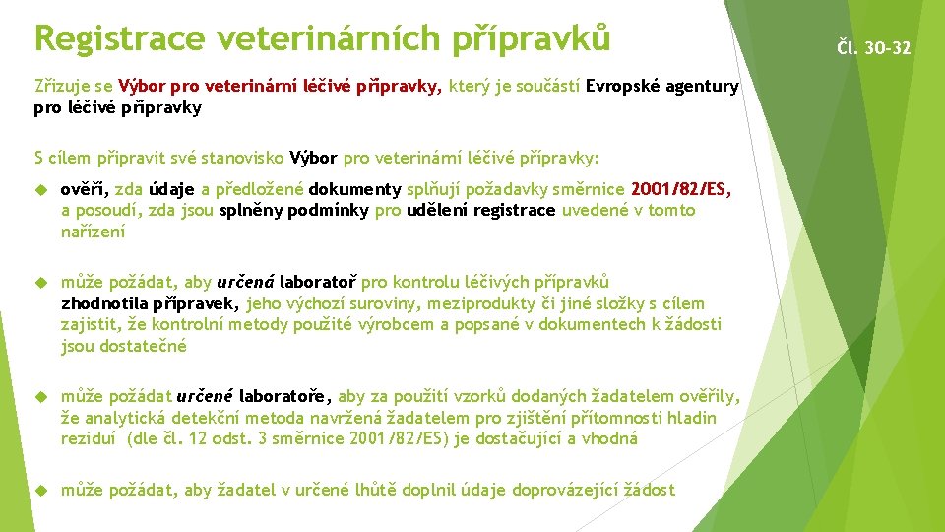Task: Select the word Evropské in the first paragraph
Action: click(x=623, y=87)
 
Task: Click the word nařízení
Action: click(x=94, y=232)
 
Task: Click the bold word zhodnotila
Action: click(x=102, y=303)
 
